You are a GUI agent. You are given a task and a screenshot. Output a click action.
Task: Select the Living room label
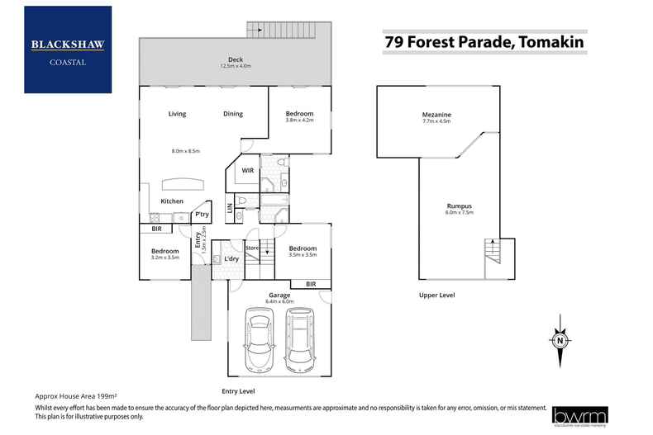pyautogui.click(x=177, y=114)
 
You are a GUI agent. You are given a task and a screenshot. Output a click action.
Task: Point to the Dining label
pyautogui.click(x=233, y=114)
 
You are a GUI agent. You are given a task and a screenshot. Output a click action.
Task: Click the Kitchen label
pyautogui.click(x=172, y=201)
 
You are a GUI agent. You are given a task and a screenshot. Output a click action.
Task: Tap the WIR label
pyautogui.click(x=246, y=171)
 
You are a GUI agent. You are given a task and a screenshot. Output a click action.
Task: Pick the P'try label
pyautogui.click(x=201, y=215)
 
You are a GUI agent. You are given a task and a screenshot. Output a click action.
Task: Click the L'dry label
pyautogui.click(x=232, y=259)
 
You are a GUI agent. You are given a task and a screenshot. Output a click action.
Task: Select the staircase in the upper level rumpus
pyautogui.click(x=492, y=250)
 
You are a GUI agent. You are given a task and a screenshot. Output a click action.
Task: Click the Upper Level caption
pyautogui.click(x=436, y=295)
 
